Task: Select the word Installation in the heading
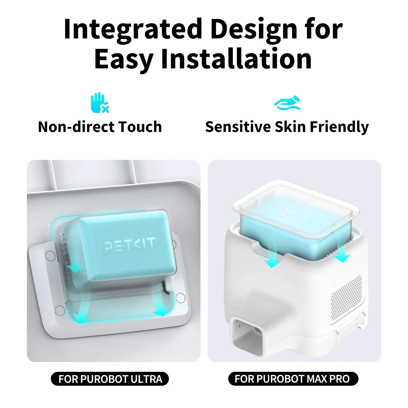click(236, 59)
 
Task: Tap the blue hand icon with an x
click(100, 103)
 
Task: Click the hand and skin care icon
click(287, 103)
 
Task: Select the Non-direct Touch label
click(100, 127)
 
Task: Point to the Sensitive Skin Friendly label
click(287, 127)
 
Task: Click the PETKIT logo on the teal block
click(130, 244)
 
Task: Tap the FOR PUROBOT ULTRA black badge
click(110, 379)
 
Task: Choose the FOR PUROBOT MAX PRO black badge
click(293, 379)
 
